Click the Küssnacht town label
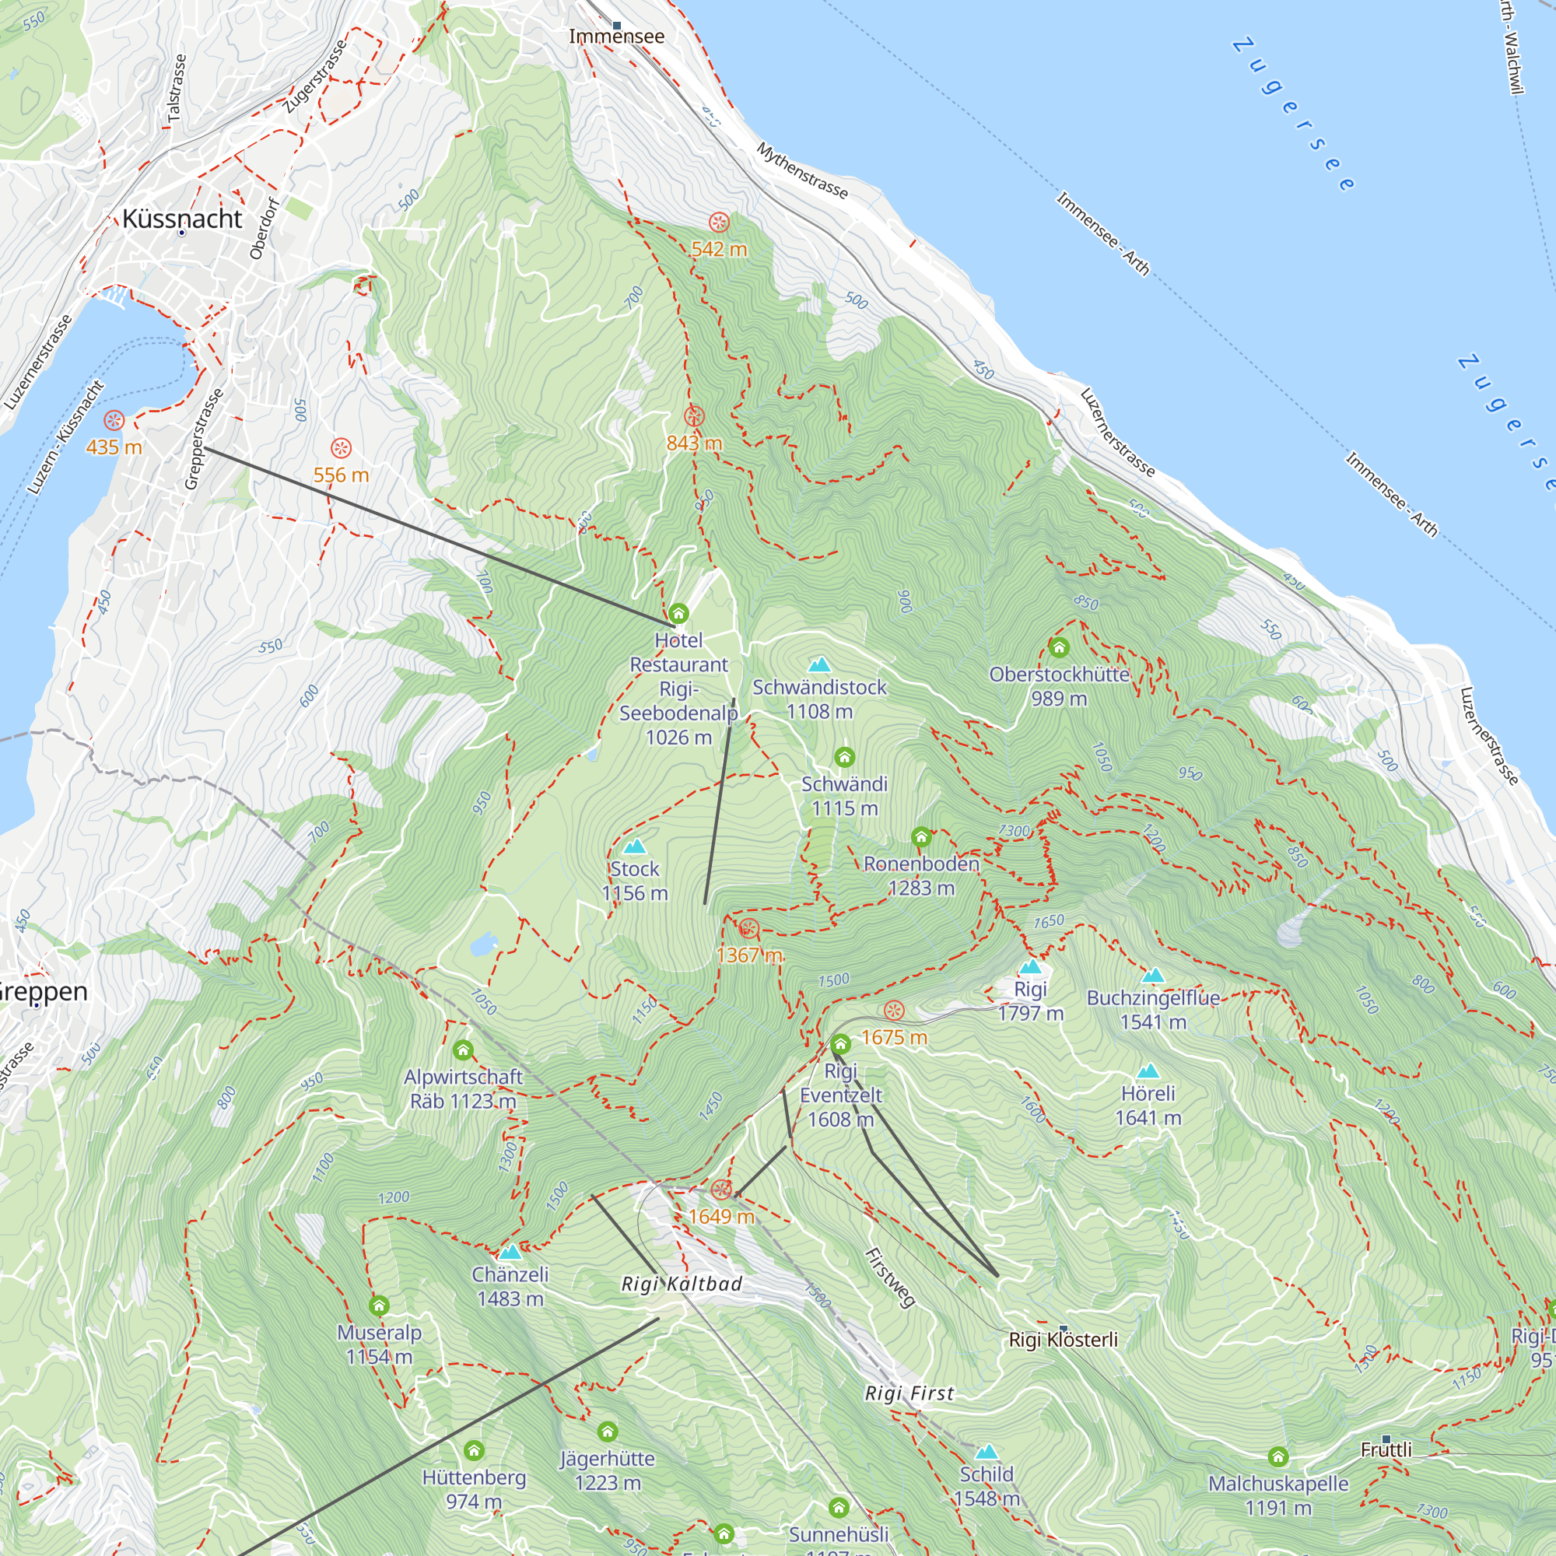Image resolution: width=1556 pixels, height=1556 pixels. tap(182, 219)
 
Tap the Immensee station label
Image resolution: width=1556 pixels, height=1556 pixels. tap(617, 37)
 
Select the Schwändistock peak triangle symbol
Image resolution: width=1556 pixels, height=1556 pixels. tap(819, 665)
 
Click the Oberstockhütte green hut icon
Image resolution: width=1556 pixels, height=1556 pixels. tap(1059, 647)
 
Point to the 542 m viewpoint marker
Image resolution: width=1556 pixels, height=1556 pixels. tap(719, 223)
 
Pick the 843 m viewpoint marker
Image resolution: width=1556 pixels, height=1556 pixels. tap(694, 416)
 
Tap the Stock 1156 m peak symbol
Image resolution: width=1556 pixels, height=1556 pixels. tap(635, 846)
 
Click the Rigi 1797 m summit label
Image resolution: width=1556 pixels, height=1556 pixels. tap(1031, 1001)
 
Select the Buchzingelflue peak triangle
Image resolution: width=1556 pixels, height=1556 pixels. tap(1153, 976)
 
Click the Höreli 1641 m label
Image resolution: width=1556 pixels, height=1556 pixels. tap(1148, 1106)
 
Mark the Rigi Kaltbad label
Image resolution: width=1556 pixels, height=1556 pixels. tap(682, 1284)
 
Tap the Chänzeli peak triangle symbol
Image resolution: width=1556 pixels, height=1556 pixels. tap(510, 1253)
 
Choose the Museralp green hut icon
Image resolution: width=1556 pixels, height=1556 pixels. tap(380, 1305)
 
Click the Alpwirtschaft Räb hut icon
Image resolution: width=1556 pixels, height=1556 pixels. tap(462, 1050)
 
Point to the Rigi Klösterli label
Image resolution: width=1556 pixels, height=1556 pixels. tap(1063, 1340)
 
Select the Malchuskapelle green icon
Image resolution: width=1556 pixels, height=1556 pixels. tap(1278, 1456)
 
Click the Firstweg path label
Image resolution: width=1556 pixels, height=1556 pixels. tap(890, 1278)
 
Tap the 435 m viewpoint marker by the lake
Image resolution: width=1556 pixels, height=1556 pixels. tap(114, 420)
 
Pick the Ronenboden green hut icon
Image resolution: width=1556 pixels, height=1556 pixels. tap(921, 838)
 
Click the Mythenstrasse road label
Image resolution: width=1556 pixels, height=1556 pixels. tap(802, 170)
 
